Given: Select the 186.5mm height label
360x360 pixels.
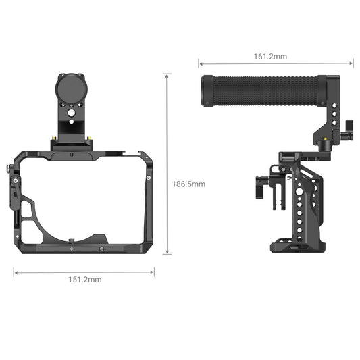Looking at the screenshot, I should pos(188,184).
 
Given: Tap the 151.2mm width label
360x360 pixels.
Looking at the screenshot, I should pos(84,279).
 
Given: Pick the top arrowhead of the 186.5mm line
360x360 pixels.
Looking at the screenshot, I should pos(168,76).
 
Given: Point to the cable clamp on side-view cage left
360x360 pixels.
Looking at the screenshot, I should pos(265,187).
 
